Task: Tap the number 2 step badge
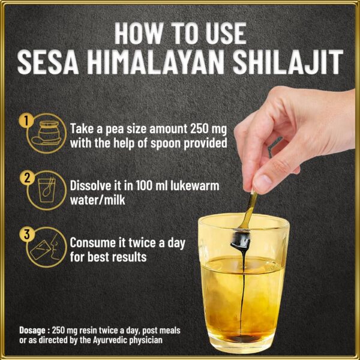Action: (x=25, y=178)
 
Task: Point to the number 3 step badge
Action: (x=25, y=235)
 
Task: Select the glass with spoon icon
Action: (x=45, y=191)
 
